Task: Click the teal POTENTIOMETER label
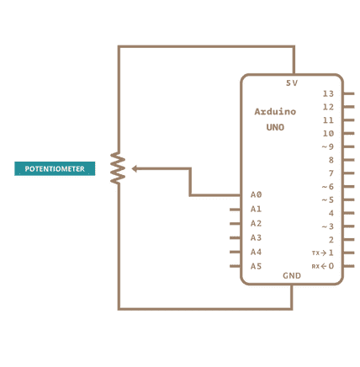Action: click(55, 168)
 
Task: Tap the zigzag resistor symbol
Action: click(118, 168)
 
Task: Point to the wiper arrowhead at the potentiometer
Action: click(135, 168)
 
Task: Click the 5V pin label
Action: click(292, 83)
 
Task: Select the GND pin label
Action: click(292, 275)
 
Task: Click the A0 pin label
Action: click(256, 194)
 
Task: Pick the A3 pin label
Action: click(256, 237)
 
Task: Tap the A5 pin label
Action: click(256, 266)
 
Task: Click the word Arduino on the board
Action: click(275, 112)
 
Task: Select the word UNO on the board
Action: click(275, 127)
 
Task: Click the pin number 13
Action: click(328, 93)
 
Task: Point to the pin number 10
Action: click(328, 133)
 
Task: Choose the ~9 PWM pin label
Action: click(328, 146)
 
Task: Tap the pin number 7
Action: click(331, 173)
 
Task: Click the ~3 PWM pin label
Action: click(328, 226)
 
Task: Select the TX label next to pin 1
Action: click(315, 253)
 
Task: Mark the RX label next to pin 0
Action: click(315, 266)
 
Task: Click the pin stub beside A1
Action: click(235, 210)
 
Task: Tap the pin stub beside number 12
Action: click(349, 107)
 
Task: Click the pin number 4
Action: click(331, 213)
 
